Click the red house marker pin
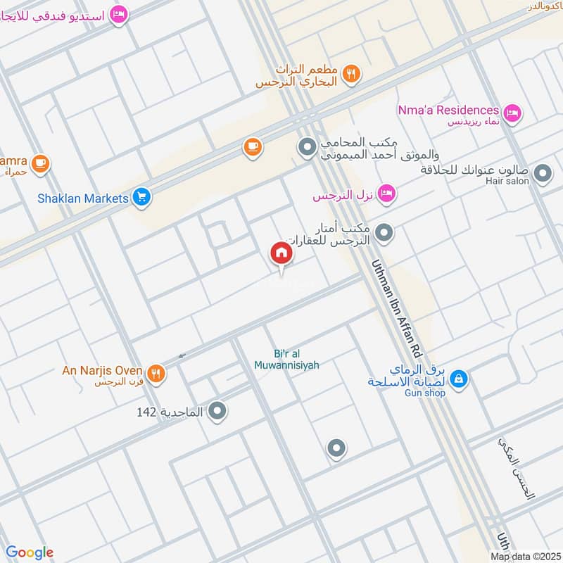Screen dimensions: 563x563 pyautogui.click(x=281, y=253)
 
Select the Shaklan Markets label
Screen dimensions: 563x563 pyautogui.click(x=83, y=198)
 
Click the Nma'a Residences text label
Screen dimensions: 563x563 pyautogui.click(x=448, y=110)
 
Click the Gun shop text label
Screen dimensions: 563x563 pyautogui.click(x=425, y=393)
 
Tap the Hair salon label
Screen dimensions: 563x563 pyautogui.click(x=507, y=181)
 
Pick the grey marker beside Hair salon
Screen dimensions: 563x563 pyautogui.click(x=543, y=172)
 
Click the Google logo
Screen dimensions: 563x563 pyautogui.click(x=30, y=552)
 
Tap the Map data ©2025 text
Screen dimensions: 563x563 pyautogui.click(x=524, y=557)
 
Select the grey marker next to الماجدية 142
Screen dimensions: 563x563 pyautogui.click(x=217, y=410)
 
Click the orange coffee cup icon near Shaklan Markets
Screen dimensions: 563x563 pyautogui.click(x=252, y=146)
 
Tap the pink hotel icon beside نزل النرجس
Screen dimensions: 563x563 pyautogui.click(x=386, y=194)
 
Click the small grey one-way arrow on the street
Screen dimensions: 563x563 pyautogui.click(x=182, y=356)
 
